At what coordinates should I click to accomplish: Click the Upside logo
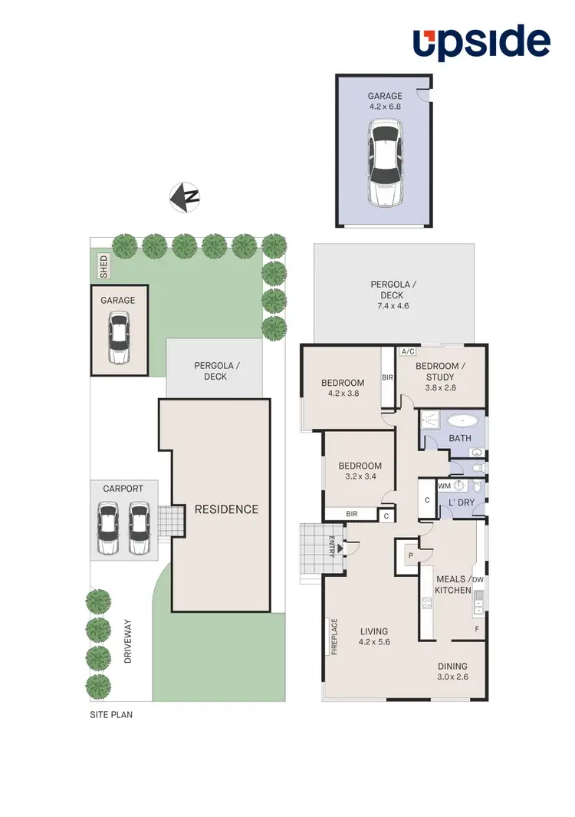coord(481,43)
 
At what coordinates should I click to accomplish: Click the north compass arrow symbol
coord(184,196)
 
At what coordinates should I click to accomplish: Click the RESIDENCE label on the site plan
coord(226,509)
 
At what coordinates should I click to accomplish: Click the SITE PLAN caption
coord(112,713)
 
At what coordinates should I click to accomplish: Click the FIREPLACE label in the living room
coord(333,636)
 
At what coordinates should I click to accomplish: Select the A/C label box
coord(407,351)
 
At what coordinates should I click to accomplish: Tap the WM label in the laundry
coord(444,486)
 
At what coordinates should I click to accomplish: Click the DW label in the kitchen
coord(477,580)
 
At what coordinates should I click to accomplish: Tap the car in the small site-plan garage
coord(119,341)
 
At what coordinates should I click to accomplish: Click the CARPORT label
coord(123,488)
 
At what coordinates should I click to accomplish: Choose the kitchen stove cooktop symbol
coord(427,602)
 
